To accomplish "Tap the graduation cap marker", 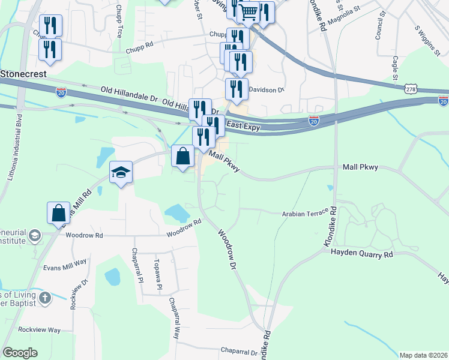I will [x=121, y=173].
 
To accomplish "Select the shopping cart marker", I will [x=249, y=12].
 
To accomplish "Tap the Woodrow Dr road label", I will [x=229, y=248].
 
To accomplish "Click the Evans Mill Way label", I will [x=65, y=262].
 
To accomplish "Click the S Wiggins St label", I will [x=427, y=40].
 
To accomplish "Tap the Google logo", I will [x=20, y=353].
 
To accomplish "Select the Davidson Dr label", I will [x=266, y=90].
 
